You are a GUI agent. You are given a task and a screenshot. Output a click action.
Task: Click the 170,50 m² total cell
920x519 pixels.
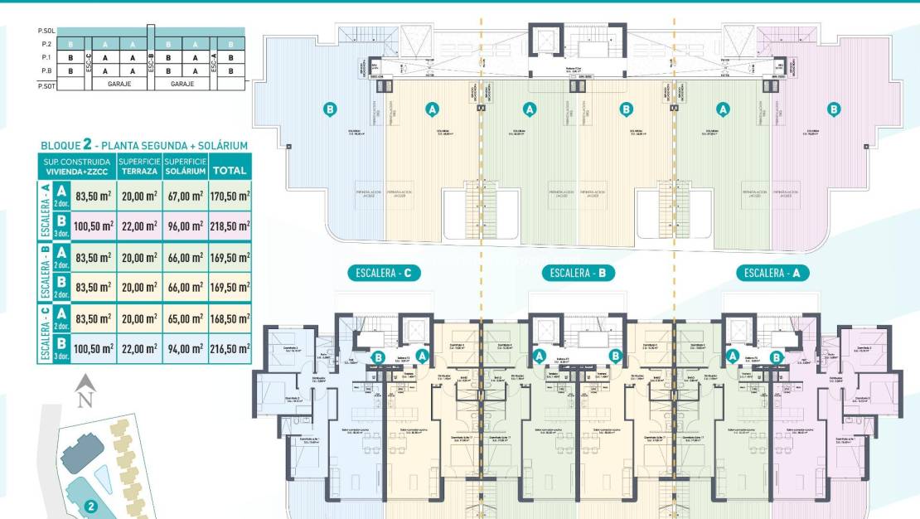(x=230, y=196)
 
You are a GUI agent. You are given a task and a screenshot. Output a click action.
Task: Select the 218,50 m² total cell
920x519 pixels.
(x=230, y=226)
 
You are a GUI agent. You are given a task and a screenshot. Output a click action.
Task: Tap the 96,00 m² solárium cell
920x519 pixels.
(x=184, y=226)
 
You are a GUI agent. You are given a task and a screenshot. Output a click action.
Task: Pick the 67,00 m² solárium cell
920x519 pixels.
(x=184, y=196)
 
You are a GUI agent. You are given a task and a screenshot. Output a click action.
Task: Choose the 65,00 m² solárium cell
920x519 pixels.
(x=184, y=318)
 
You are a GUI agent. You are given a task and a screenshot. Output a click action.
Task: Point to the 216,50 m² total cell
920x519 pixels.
(x=230, y=349)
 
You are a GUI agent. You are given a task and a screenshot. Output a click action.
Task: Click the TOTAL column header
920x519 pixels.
(x=230, y=171)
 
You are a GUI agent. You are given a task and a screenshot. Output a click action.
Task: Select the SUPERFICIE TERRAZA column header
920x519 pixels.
(x=138, y=166)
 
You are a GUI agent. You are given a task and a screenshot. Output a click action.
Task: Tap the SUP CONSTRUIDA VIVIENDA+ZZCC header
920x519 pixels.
(x=78, y=166)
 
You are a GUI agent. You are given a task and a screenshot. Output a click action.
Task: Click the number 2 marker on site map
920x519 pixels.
(x=91, y=504)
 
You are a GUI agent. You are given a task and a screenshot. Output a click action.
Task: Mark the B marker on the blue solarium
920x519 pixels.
(x=330, y=109)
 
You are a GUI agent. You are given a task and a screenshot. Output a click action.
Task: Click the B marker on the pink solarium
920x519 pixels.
(x=834, y=109)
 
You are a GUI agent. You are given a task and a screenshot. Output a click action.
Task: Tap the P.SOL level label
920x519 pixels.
(x=46, y=31)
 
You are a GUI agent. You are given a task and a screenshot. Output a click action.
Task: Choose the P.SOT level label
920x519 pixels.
(x=46, y=85)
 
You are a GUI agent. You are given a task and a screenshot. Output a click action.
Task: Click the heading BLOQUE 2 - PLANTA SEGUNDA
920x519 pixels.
(x=143, y=145)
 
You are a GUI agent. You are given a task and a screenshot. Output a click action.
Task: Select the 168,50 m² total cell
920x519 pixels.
(x=230, y=318)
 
